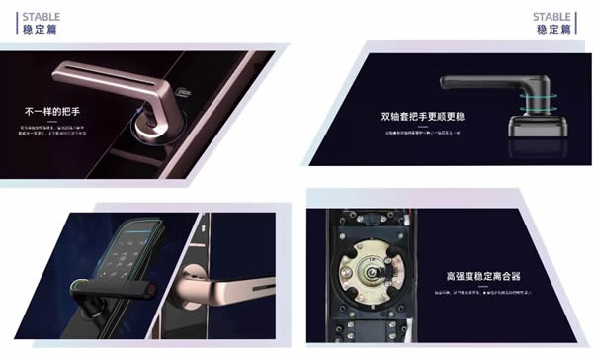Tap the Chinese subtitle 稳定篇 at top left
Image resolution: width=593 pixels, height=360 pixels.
click(30, 30)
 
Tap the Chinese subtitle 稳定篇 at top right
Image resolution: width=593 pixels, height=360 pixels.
click(553, 30)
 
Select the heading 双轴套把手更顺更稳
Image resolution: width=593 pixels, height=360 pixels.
click(426, 116)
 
